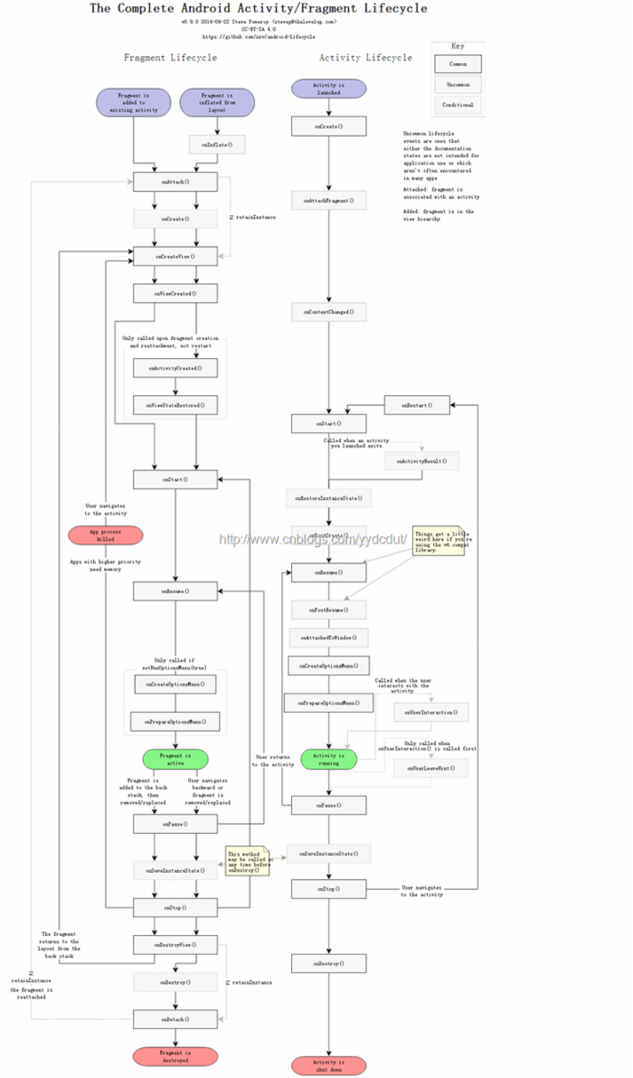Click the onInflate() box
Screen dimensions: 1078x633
217,144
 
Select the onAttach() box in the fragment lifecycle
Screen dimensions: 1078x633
175,182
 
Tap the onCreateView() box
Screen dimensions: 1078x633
175,257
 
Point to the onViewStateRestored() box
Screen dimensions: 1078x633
175,405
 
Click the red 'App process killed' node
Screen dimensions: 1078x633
106,535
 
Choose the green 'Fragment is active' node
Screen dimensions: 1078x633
175,759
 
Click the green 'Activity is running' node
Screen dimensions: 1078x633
328,759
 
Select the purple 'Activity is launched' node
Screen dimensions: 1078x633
328,89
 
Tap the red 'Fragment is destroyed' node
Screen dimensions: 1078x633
175,1056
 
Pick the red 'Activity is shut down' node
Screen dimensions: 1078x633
328,1066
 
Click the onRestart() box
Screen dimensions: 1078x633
417,405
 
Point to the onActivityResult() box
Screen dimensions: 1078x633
421,461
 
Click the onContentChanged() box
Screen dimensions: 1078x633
328,312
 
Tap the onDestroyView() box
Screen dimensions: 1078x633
175,944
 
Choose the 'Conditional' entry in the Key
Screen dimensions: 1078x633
458,105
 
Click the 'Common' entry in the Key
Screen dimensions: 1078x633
458,63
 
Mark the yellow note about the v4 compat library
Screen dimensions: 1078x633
439,542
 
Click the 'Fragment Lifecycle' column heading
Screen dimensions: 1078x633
170,57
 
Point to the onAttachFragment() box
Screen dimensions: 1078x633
328,200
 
